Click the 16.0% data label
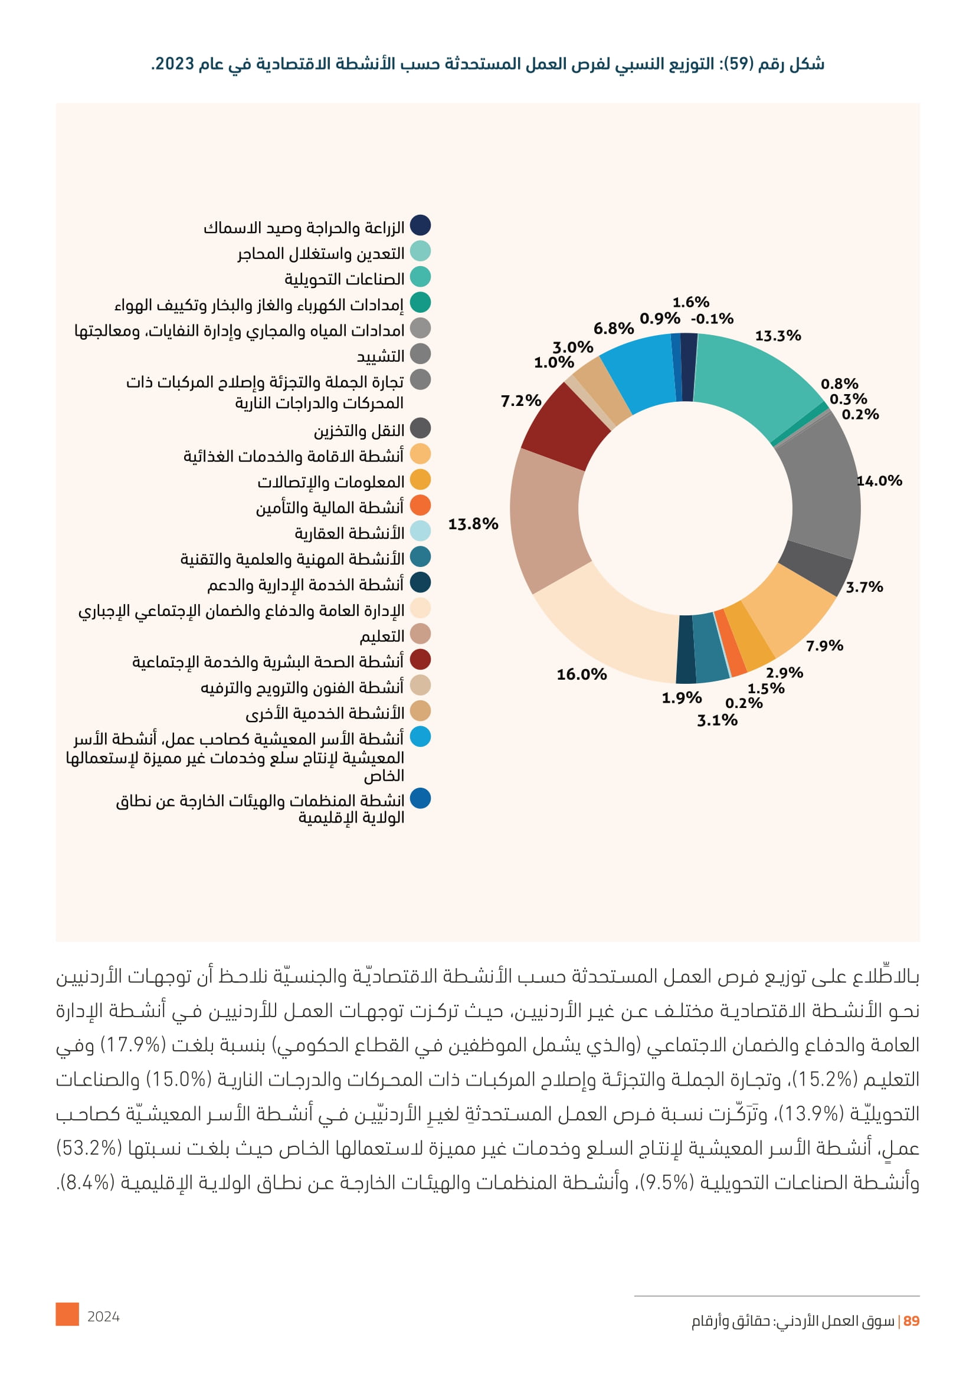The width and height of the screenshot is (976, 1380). tap(581, 674)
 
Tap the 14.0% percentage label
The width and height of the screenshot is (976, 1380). tap(879, 481)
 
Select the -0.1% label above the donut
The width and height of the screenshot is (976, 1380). tap(712, 319)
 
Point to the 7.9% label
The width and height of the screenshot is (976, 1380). tap(824, 646)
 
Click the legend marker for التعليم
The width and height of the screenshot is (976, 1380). tap(420, 634)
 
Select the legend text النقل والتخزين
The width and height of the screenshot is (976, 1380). tap(359, 431)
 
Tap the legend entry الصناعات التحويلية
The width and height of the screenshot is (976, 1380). tap(345, 280)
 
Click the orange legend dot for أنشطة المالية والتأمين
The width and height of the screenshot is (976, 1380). tap(420, 506)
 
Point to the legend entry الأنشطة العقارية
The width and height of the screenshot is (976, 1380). tap(349, 534)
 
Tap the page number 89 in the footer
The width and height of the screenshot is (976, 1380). tap(911, 1321)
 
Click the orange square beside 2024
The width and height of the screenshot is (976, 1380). tap(67, 1315)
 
